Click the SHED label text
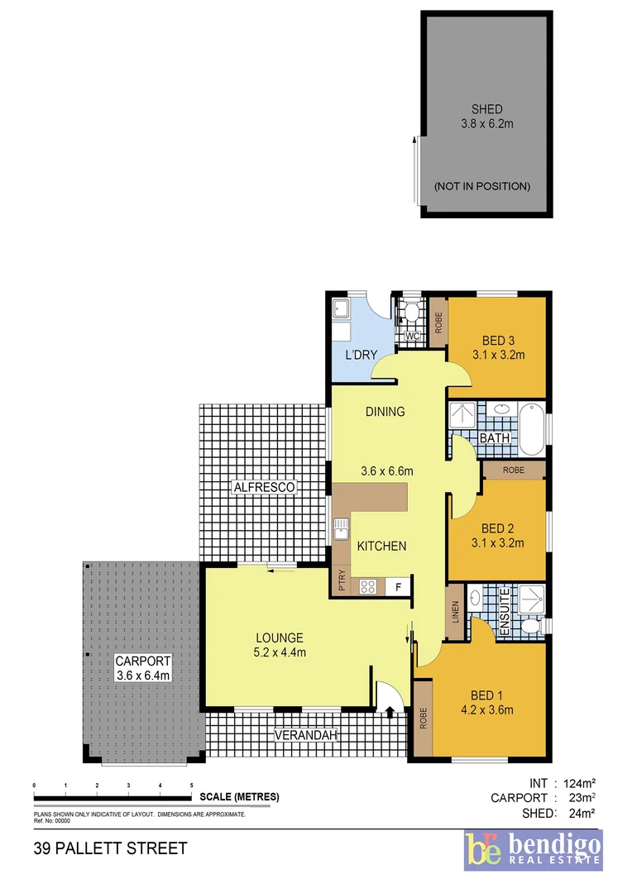pos(486,109)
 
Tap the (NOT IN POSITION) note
pos(482,187)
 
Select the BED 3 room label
pos(499,341)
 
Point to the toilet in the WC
pos(407,313)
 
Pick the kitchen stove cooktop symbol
pos(369,587)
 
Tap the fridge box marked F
pos(398,587)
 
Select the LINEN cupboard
pos(454,611)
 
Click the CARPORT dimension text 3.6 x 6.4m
pos(142,676)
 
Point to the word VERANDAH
pos(306,735)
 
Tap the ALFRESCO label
pos(263,488)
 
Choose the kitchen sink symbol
pos(340,529)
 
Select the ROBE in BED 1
pos(422,718)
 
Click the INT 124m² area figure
pos(561,782)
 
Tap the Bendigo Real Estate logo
pos(533,850)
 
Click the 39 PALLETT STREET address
pos(110,849)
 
